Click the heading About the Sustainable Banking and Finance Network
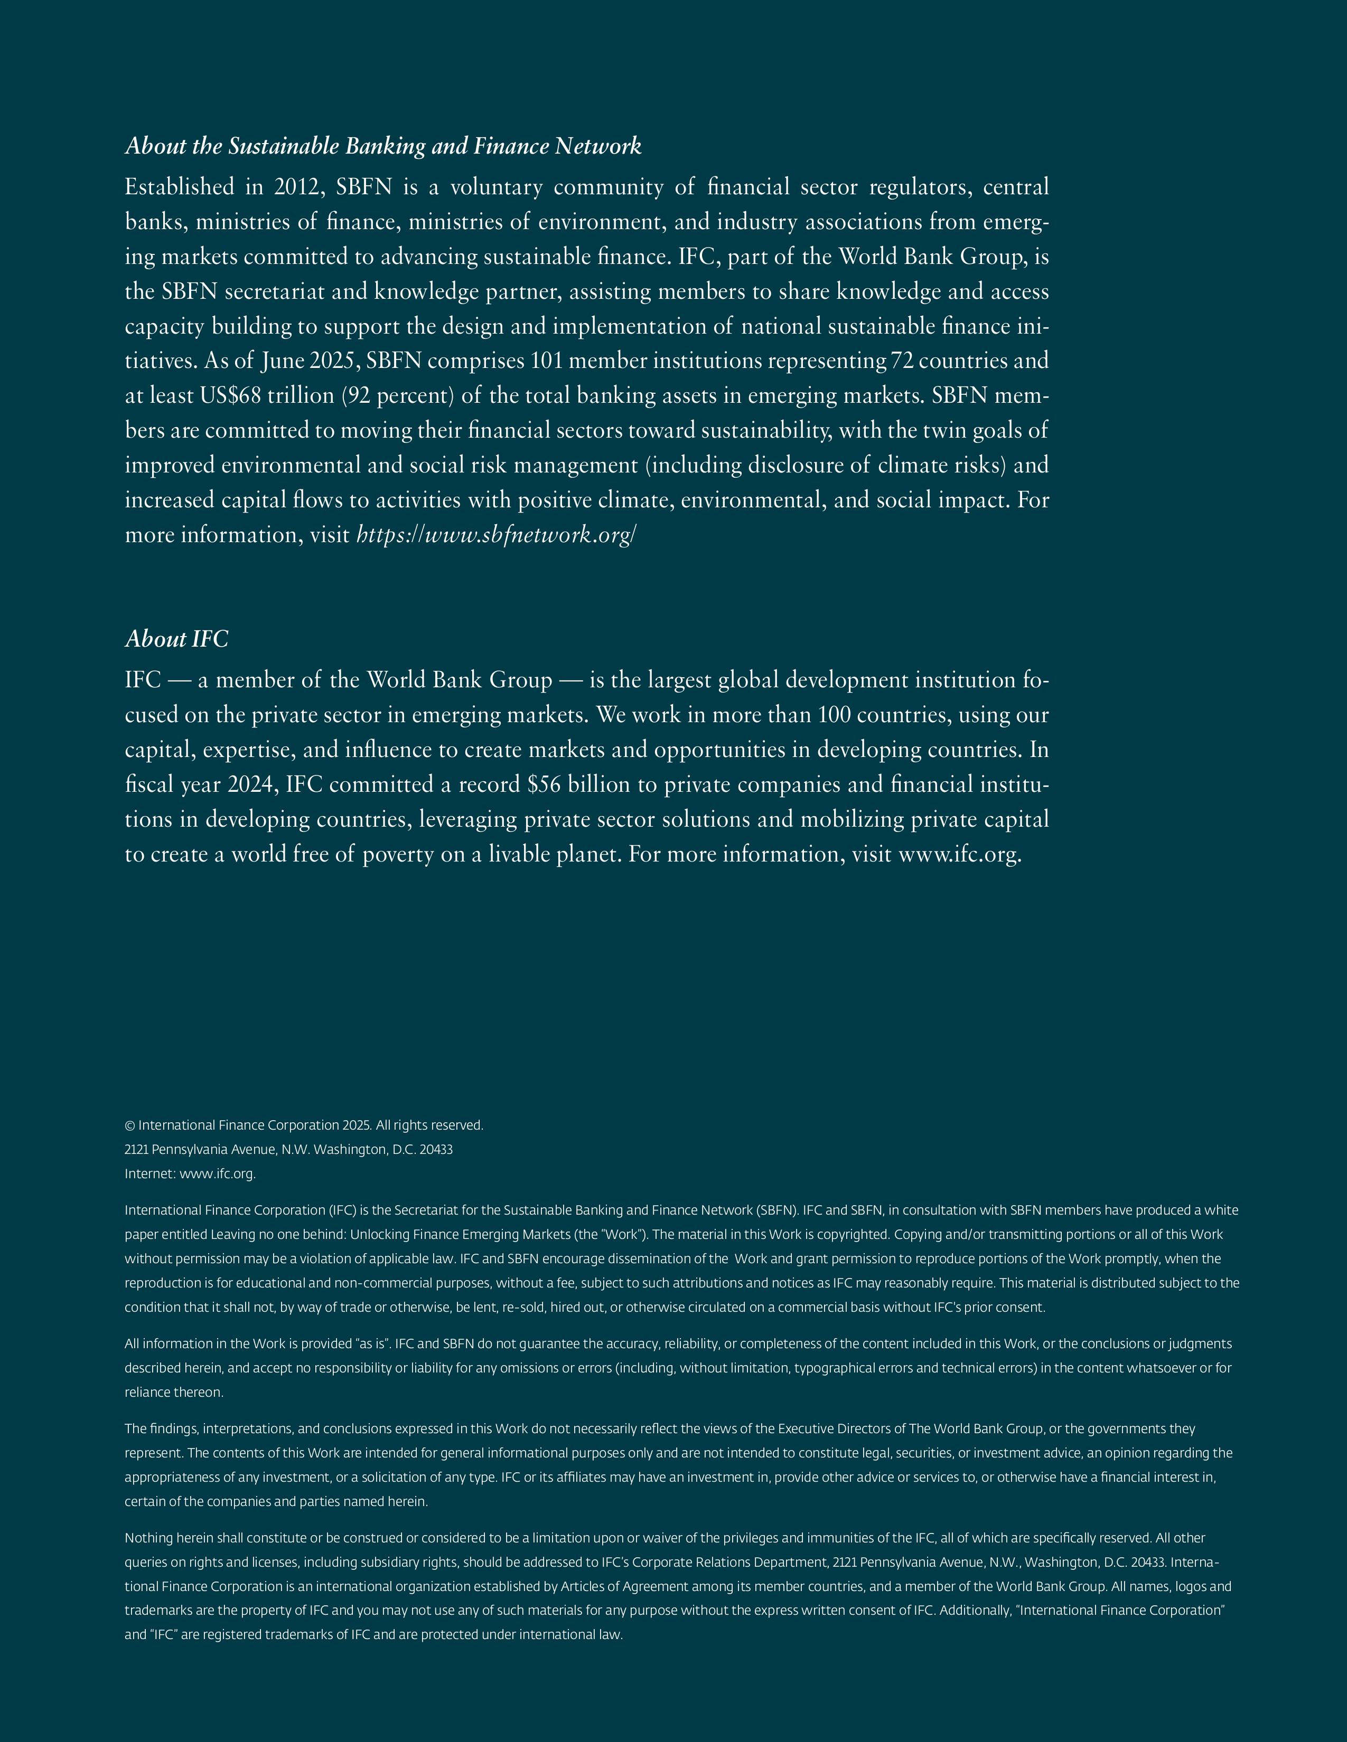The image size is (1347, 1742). click(383, 147)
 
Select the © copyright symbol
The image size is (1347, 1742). click(130, 1125)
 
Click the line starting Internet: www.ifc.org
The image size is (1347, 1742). click(190, 1174)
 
